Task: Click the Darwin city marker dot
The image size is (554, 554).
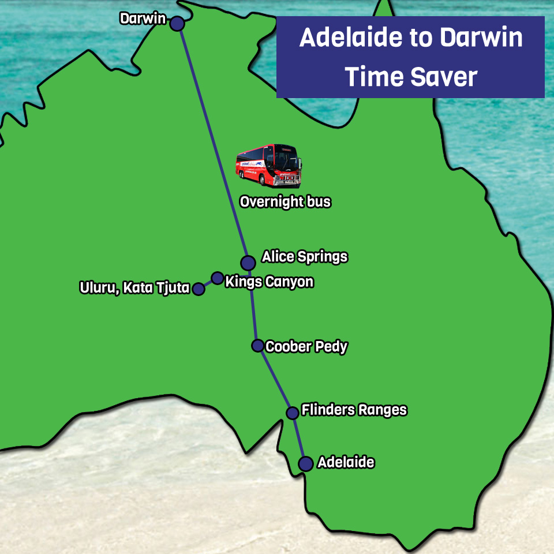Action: (177, 24)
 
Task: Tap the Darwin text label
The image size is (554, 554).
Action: (143, 19)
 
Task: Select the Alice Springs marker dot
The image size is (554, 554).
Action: (248, 263)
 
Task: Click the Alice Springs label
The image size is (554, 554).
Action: (305, 257)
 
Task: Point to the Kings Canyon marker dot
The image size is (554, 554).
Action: (217, 278)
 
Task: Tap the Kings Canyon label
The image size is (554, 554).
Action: (269, 282)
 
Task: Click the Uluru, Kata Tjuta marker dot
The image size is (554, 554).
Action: (199, 289)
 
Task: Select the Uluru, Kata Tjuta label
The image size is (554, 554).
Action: (135, 287)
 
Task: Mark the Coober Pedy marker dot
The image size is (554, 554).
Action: (257, 346)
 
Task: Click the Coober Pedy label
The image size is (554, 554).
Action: (306, 347)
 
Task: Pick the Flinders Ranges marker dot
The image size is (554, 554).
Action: (293, 413)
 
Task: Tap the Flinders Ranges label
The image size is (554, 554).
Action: (354, 410)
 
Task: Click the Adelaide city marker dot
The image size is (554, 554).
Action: (305, 463)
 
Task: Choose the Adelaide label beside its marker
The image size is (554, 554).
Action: (346, 462)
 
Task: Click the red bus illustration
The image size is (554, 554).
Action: (268, 165)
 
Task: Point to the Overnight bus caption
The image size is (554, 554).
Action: (285, 202)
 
